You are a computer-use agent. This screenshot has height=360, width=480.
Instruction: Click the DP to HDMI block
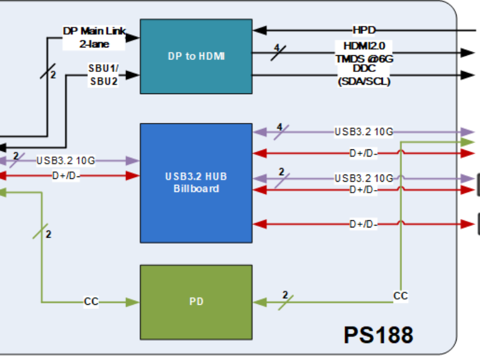pyautogui.click(x=196, y=56)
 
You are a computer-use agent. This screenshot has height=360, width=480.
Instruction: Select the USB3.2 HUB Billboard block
pyautogui.click(x=196, y=182)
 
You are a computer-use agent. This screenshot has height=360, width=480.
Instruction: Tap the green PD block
pyautogui.click(x=196, y=302)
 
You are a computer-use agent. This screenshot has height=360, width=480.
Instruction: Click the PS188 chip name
pyautogui.click(x=379, y=334)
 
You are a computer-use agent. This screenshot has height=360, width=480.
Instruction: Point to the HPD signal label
pyautogui.click(x=364, y=29)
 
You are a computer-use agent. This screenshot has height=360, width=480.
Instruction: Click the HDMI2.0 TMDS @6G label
pyautogui.click(x=364, y=52)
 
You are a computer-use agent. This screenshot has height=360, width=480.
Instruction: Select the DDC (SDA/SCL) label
pyautogui.click(x=364, y=75)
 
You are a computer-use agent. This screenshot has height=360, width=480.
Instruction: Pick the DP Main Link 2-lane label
pyautogui.click(x=94, y=37)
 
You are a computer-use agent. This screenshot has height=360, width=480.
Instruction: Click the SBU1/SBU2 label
pyautogui.click(x=103, y=75)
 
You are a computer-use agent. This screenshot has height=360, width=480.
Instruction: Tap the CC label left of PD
pyautogui.click(x=91, y=302)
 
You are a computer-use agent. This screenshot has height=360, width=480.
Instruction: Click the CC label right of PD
pyautogui.click(x=401, y=296)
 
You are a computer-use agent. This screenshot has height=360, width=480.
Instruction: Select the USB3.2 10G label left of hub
pyautogui.click(x=65, y=160)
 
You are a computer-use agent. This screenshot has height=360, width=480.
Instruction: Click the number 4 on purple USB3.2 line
pyautogui.click(x=280, y=127)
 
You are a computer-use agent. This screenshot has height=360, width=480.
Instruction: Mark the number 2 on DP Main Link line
pyautogui.click(x=53, y=75)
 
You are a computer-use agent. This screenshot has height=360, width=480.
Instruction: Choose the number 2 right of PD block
pyautogui.click(x=285, y=295)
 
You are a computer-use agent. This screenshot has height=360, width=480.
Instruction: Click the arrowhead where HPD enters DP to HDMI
pyautogui.click(x=256, y=29)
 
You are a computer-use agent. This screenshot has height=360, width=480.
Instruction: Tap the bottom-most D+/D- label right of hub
pyautogui.click(x=363, y=224)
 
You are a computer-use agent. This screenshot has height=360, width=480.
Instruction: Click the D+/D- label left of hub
pyautogui.click(x=65, y=176)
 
